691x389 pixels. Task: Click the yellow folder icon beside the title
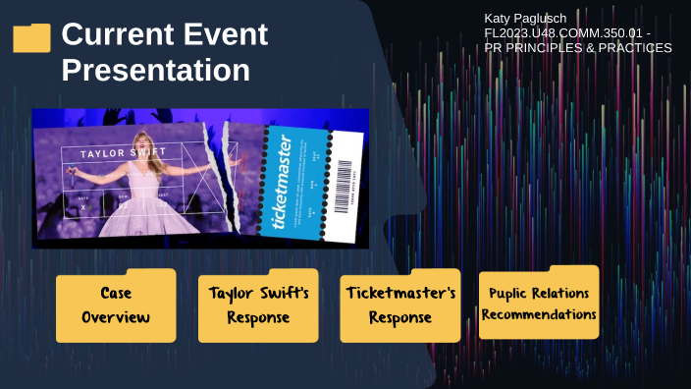(31, 38)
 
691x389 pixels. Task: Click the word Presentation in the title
(155, 72)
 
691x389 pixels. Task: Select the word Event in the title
(228, 35)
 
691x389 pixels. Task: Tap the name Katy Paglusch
(526, 19)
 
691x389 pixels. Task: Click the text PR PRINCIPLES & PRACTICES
(577, 48)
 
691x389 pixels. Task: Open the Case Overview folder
(116, 306)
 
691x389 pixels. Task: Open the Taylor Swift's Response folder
(258, 306)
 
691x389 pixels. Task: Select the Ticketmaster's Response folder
(400, 306)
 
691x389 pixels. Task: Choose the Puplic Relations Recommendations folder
(539, 304)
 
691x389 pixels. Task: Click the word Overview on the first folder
(116, 317)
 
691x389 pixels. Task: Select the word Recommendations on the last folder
(539, 314)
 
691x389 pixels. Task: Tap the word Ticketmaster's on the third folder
(400, 294)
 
